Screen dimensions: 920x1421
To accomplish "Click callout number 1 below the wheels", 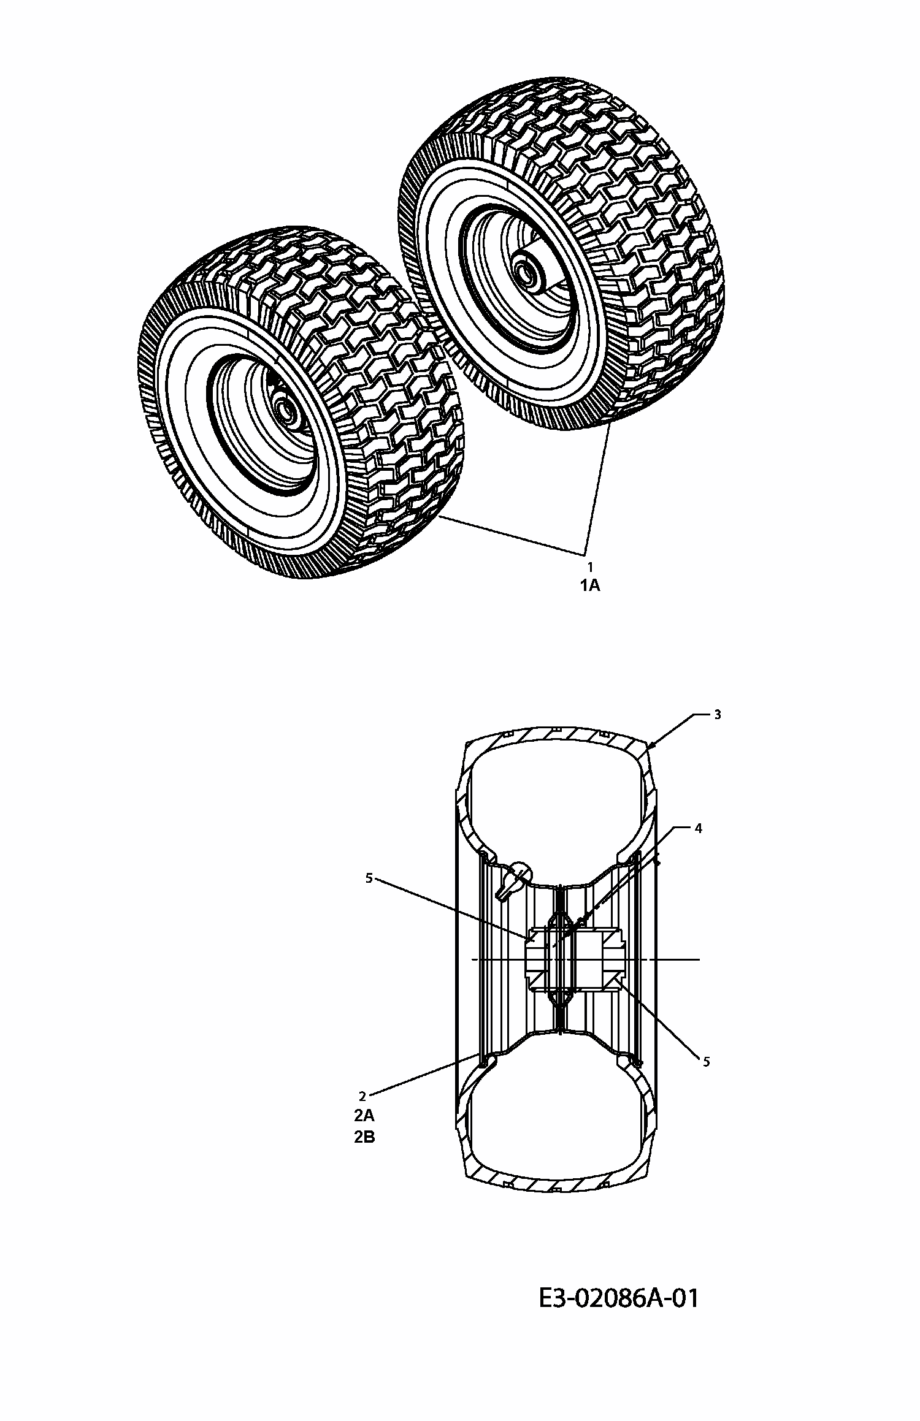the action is point(590,567).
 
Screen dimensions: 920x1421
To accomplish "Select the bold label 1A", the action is point(590,586).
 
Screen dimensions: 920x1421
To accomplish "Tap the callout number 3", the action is point(718,715).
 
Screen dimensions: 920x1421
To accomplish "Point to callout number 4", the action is point(697,829).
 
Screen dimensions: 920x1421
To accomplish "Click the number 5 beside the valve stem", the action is point(369,878).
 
